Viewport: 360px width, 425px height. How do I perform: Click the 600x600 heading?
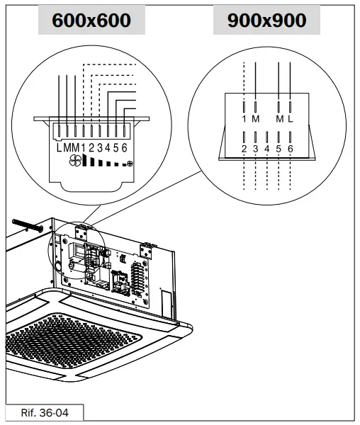pos(91,21)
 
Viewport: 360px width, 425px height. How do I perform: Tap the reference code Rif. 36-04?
pos(44,412)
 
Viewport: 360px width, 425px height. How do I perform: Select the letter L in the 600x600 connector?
pos(60,147)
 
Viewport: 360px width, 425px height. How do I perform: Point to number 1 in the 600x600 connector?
pos(83,147)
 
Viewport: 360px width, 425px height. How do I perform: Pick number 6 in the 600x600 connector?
pos(125,147)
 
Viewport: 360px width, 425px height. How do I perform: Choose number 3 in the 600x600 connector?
pos(99,147)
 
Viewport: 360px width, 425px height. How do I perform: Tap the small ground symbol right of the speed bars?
pos(128,164)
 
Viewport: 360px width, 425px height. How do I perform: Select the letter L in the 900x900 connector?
pos(290,118)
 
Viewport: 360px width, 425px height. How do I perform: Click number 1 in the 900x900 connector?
pos(244,118)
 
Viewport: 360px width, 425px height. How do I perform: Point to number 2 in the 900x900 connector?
pos(244,149)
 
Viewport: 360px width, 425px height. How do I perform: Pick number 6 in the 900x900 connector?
pos(290,149)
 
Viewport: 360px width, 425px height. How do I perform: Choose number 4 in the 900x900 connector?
pos(267,149)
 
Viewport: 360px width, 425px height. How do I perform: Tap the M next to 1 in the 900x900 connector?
pos(255,118)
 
